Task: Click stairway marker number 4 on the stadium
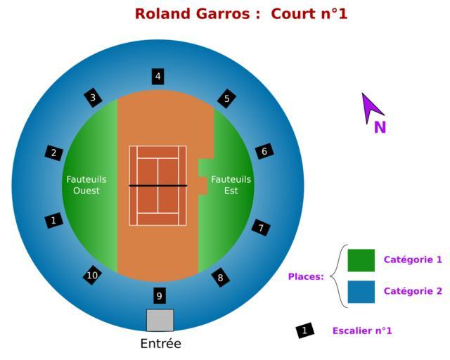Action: (158, 77)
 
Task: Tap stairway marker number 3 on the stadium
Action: (93, 98)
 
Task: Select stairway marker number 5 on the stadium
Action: (226, 98)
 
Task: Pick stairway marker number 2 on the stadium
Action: (54, 153)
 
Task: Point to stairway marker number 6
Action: (264, 151)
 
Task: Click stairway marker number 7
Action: (261, 228)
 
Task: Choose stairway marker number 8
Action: (220, 278)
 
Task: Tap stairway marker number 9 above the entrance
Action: (160, 295)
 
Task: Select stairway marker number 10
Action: (92, 275)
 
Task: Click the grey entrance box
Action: (160, 320)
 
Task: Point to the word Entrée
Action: (160, 344)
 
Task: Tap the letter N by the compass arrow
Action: (380, 128)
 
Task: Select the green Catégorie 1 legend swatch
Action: (361, 259)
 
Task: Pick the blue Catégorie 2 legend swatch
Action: (361, 291)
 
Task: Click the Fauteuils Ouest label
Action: (86, 185)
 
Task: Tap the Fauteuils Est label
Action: (231, 185)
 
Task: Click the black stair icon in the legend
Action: (304, 330)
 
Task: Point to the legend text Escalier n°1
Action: (362, 330)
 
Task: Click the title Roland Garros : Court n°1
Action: (241, 13)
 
